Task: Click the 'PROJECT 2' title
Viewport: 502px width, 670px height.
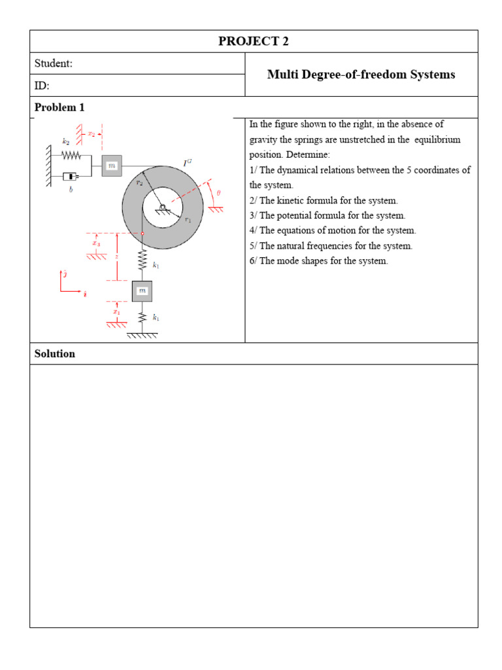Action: click(254, 41)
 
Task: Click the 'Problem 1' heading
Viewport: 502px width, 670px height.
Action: click(59, 107)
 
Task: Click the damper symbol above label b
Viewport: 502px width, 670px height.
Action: click(71, 177)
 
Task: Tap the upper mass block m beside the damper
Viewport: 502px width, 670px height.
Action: click(112, 166)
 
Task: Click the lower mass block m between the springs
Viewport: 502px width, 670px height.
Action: click(142, 291)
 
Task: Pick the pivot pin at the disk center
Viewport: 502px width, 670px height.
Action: click(161, 207)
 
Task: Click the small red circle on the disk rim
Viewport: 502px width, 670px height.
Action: click(142, 233)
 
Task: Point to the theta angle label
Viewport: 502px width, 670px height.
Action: click(218, 193)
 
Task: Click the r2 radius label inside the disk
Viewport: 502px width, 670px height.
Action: click(139, 184)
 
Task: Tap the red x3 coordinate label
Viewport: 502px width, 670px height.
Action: click(96, 243)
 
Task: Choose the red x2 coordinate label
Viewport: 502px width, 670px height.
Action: click(92, 133)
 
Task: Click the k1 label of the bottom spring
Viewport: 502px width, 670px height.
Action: click(156, 317)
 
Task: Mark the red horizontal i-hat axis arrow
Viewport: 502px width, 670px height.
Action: click(71, 291)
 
